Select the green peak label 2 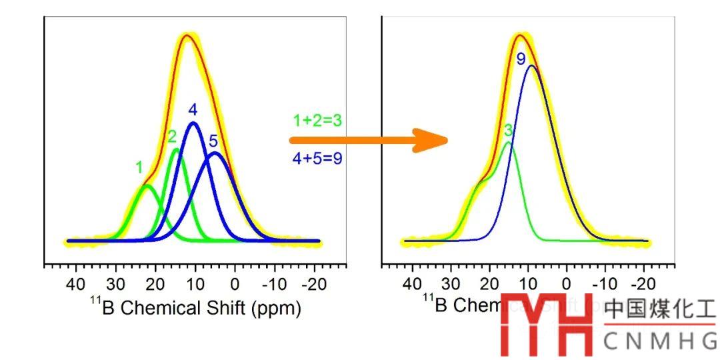pyautogui.click(x=172, y=137)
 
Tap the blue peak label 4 pyautogui.click(x=193, y=109)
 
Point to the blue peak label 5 pyautogui.click(x=213, y=141)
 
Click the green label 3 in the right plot pyautogui.click(x=508, y=130)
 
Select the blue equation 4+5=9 pyautogui.click(x=317, y=159)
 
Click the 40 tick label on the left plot pyautogui.click(x=76, y=285)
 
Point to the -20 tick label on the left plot pyautogui.click(x=311, y=285)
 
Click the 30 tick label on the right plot pyautogui.click(x=452, y=285)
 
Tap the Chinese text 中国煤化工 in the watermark pyautogui.click(x=659, y=311)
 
